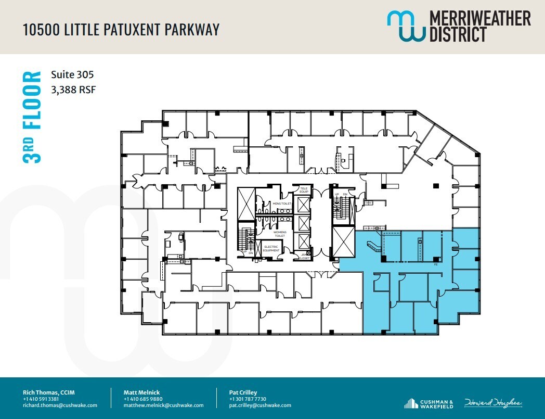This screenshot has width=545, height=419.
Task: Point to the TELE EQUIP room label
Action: pyautogui.click(x=304, y=190)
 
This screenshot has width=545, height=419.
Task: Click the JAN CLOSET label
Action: pyautogui.click(x=304, y=256)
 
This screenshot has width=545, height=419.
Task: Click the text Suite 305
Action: pyautogui.click(x=72, y=74)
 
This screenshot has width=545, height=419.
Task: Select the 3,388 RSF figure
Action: pyautogui.click(x=73, y=90)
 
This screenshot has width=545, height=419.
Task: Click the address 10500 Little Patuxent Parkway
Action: pyautogui.click(x=121, y=29)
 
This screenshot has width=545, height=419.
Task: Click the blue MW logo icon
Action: pyautogui.click(x=405, y=26)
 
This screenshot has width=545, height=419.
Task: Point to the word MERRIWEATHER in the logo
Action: pyautogui.click(x=480, y=19)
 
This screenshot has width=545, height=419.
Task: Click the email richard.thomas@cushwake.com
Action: pyautogui.click(x=60, y=405)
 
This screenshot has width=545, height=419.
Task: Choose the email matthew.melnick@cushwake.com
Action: pyautogui.click(x=163, y=405)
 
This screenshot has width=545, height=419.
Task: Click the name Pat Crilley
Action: pyautogui.click(x=243, y=392)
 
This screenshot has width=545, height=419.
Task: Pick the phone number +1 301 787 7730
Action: pyautogui.click(x=248, y=399)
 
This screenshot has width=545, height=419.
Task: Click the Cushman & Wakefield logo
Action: pyautogui.click(x=429, y=403)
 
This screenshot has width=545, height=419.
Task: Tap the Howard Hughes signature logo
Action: pyautogui.click(x=493, y=403)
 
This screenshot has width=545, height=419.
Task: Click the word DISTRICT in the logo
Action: pyautogui.click(x=458, y=35)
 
